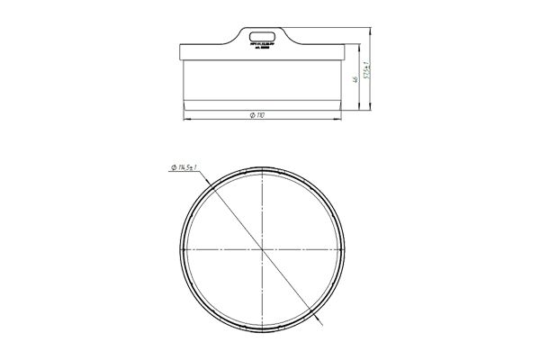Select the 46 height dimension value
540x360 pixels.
tap(356, 80)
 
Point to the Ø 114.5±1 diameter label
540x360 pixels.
tap(184, 166)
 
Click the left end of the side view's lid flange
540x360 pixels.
tap(180, 51)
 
